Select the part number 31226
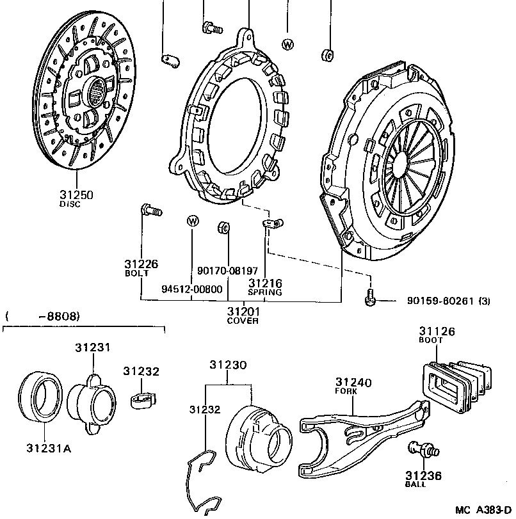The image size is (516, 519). tap(141, 264)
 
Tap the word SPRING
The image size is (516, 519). tap(266, 292)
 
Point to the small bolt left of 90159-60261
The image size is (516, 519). tap(370, 298)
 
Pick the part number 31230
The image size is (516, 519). tap(227, 365)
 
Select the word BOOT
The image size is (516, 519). tap(431, 340)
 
